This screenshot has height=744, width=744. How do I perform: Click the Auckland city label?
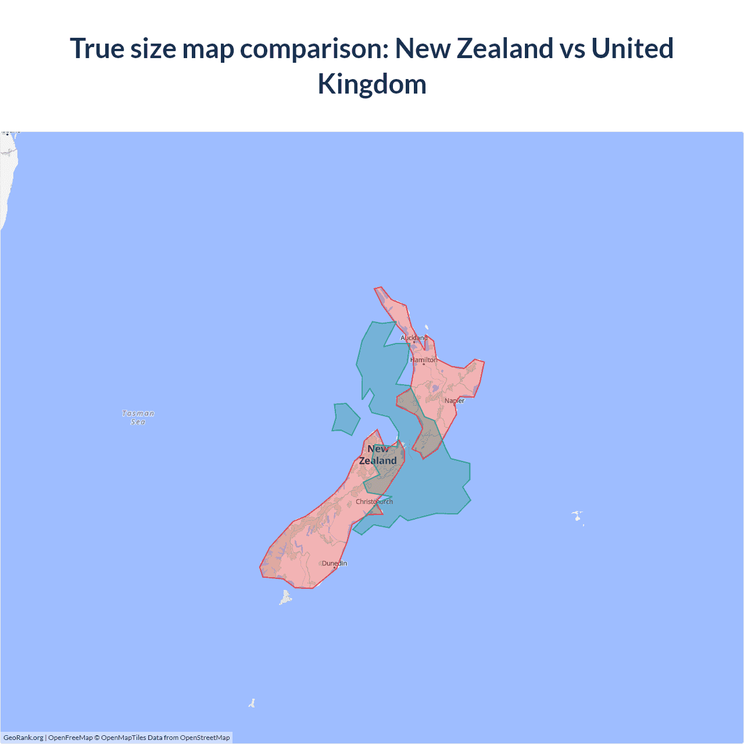click(x=414, y=338)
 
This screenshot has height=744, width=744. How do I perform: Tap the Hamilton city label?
click(x=424, y=360)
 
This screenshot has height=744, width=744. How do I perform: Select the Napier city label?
click(x=455, y=400)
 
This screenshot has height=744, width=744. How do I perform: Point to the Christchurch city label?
click(x=374, y=502)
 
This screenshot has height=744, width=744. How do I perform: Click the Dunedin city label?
click(x=334, y=563)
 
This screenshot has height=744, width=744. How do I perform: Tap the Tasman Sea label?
click(x=138, y=417)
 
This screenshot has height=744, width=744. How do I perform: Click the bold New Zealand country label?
click(x=378, y=455)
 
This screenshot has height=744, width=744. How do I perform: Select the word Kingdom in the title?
click(x=372, y=84)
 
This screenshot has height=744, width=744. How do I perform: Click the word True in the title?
click(x=97, y=48)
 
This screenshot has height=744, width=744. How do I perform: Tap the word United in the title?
click(x=632, y=48)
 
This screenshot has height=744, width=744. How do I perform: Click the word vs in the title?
click(x=572, y=48)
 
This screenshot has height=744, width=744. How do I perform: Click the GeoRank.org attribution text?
click(x=23, y=738)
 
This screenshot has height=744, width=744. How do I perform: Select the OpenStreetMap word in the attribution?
click(x=205, y=738)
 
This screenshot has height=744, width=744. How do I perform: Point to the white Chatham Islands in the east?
click(x=577, y=516)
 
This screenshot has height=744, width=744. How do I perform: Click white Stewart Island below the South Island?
click(x=286, y=597)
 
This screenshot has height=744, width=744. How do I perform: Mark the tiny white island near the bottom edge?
click(x=252, y=703)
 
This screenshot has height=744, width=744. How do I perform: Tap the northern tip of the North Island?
click(x=378, y=289)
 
